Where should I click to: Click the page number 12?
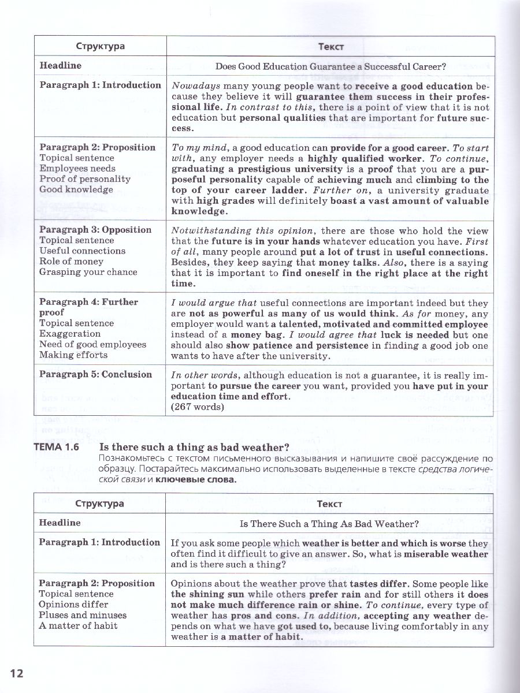[16, 673]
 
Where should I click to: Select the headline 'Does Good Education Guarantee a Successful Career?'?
[330, 66]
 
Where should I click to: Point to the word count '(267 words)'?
[196, 407]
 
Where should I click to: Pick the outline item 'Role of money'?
[68, 262]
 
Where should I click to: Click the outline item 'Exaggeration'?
[70, 334]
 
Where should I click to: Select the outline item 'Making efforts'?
[73, 355]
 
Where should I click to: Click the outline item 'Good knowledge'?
[76, 189]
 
